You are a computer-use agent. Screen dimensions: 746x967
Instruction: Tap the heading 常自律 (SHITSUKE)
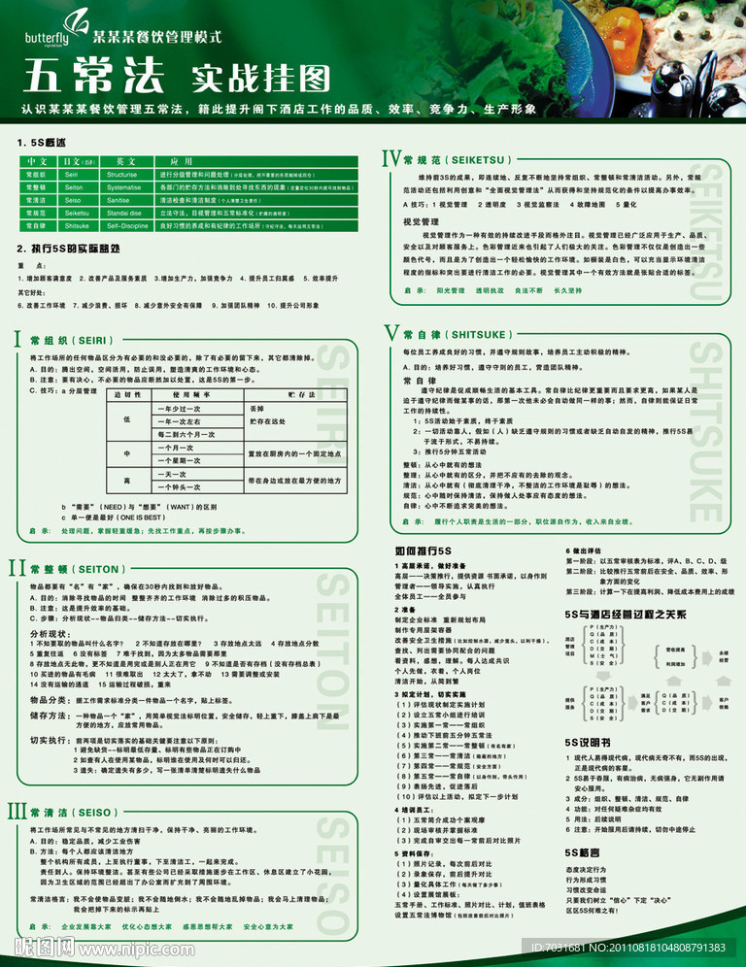[448, 334]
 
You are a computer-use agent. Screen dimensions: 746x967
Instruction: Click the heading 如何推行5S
[424, 550]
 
